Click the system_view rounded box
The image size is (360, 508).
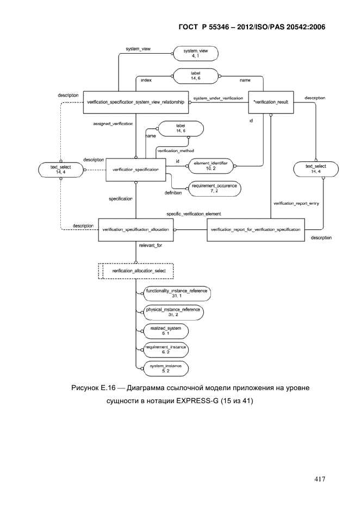(x=196, y=53)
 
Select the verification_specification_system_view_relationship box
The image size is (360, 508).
(x=136, y=102)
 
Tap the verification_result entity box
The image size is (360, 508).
(x=271, y=102)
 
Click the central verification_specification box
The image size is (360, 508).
(x=136, y=170)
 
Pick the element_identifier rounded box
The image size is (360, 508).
(x=211, y=166)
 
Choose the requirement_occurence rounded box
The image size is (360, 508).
(x=214, y=189)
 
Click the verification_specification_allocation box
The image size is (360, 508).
(x=136, y=230)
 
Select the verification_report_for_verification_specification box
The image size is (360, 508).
(x=256, y=230)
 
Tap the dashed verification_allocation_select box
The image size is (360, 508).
(x=136, y=271)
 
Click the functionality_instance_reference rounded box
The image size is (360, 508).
(x=177, y=293)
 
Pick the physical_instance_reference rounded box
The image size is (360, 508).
(x=173, y=312)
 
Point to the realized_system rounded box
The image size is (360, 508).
(x=166, y=331)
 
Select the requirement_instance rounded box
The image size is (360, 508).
(x=166, y=350)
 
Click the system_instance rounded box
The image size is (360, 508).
(x=166, y=369)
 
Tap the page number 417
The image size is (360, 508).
(x=320, y=479)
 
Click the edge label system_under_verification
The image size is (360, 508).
(x=218, y=98)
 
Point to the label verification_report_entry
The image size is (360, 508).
(x=296, y=203)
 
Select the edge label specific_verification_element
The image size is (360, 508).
(x=194, y=214)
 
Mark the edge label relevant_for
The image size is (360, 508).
(x=151, y=246)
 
